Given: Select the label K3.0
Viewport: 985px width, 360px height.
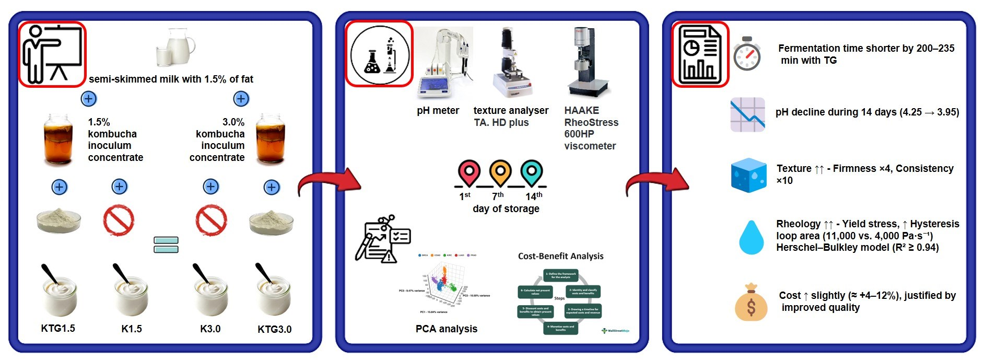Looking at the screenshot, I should [210, 329].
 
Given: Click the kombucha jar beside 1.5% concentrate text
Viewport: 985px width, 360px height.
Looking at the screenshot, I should [58, 139].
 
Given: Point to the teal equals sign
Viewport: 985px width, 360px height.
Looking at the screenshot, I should [166, 245].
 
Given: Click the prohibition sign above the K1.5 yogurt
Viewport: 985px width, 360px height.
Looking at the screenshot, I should [119, 220].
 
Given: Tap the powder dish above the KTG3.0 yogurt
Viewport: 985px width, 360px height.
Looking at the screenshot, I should [271, 222].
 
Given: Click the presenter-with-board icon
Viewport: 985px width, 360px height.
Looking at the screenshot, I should [52, 54].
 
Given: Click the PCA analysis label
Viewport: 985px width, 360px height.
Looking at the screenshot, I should [447, 329].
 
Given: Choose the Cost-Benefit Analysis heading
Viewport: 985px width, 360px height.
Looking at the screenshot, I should [560, 256].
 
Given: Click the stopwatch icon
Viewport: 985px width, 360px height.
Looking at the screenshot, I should [747, 54].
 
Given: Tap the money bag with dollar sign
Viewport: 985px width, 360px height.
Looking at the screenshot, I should [751, 303].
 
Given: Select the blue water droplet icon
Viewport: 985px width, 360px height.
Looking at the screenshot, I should [751, 237].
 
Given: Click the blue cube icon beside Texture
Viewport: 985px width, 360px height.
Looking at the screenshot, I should [748, 175].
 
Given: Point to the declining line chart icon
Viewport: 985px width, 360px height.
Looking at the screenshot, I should [747, 114].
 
